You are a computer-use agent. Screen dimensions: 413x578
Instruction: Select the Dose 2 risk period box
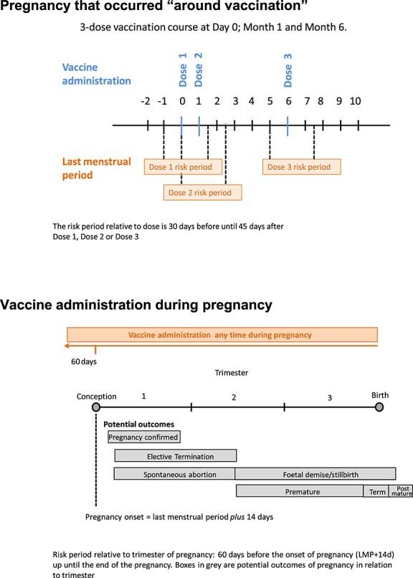202,192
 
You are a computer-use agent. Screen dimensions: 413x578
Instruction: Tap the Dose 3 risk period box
300,166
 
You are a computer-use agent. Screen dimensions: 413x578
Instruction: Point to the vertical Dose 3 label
288,70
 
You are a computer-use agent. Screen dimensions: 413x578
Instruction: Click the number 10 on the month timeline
355,101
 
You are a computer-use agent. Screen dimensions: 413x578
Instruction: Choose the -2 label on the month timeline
146,101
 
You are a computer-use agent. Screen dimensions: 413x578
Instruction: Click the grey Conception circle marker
95,407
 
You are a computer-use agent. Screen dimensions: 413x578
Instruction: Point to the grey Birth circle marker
379,407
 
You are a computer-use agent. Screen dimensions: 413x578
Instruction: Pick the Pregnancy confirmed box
143,436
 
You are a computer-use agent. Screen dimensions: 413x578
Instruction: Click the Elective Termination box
175,456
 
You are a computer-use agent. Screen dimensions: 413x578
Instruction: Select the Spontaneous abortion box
175,474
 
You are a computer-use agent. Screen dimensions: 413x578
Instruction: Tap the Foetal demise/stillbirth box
315,474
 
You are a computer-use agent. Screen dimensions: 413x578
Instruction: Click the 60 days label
84,361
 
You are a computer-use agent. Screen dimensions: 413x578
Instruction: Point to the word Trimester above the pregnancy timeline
231,373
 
